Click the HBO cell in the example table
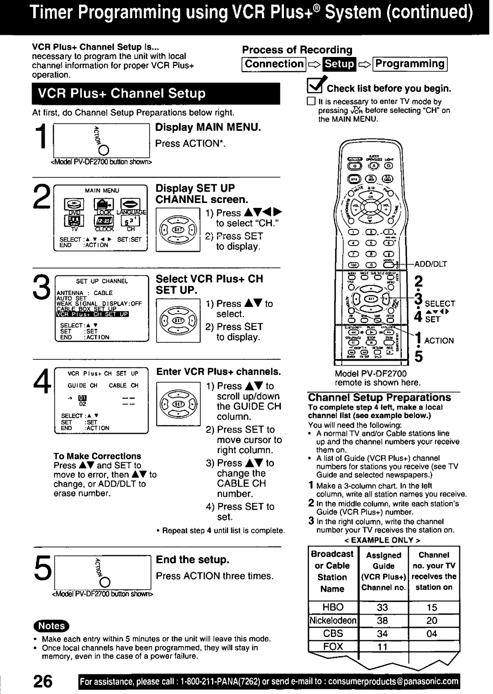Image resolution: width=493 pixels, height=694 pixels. pos(333,607)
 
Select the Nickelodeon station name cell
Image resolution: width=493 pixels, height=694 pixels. pos(333,621)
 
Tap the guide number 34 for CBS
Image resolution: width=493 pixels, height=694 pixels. pos(383,633)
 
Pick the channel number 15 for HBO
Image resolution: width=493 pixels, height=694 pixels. pos(432,607)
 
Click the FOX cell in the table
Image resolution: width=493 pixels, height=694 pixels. pos(333,646)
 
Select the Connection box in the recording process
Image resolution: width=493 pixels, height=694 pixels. pos(273,64)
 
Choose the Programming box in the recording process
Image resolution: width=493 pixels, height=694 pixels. pos(410,64)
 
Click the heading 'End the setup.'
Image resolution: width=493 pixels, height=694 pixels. pos(193,559)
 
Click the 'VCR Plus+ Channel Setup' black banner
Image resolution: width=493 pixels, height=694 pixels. pos(155,93)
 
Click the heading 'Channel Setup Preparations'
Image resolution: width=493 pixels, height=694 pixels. pos(379,397)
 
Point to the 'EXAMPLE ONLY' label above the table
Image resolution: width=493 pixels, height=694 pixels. pos(383,540)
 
